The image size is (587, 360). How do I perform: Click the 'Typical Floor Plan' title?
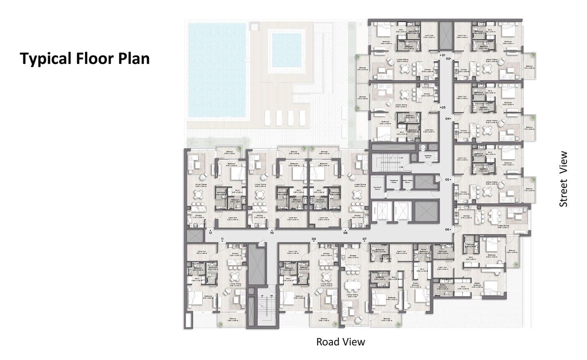click(x=85, y=58)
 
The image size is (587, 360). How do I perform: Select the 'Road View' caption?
click(x=340, y=342)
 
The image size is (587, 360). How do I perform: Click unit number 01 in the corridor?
click(x=443, y=54)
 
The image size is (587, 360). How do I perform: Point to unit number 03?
click(x=443, y=108)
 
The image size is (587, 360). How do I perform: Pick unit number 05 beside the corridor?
click(x=447, y=180)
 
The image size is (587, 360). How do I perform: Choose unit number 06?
click(x=447, y=230)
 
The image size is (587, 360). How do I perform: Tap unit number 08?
click(x=345, y=232)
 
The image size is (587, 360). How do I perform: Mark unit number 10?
click(x=272, y=232)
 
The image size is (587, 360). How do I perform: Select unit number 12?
click(x=210, y=232)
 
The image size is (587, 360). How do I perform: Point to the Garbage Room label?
click(x=427, y=158)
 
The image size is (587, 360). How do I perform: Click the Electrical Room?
click(x=377, y=188)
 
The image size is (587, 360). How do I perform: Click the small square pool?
click(x=286, y=50)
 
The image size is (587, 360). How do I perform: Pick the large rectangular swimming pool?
click(x=217, y=71)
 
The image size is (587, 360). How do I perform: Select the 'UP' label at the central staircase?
click(x=401, y=158)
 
